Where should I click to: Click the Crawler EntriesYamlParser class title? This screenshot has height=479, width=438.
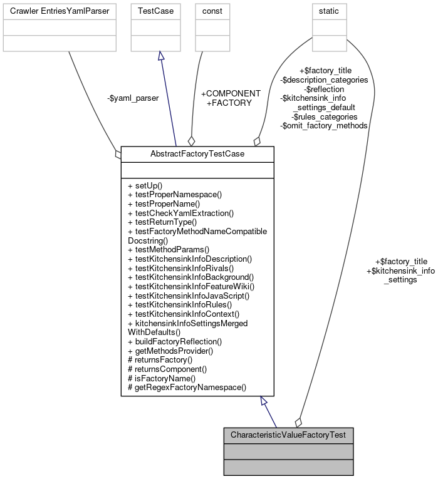[60, 11]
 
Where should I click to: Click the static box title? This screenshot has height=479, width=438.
[329, 11]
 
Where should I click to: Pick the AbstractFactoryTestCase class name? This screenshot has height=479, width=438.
[197, 154]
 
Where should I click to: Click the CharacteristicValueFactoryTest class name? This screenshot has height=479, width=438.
[288, 435]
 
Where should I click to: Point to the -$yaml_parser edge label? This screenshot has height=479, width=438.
[132, 98]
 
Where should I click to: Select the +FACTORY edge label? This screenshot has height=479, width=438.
[229, 102]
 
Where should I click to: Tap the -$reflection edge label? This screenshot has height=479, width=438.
[324, 89]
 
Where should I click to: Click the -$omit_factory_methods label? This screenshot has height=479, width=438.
[324, 125]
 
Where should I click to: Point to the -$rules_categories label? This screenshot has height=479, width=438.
[324, 116]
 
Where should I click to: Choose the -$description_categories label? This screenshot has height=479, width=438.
[324, 80]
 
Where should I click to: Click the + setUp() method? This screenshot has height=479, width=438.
[145, 186]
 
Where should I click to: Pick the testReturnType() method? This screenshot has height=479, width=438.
[162, 222]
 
